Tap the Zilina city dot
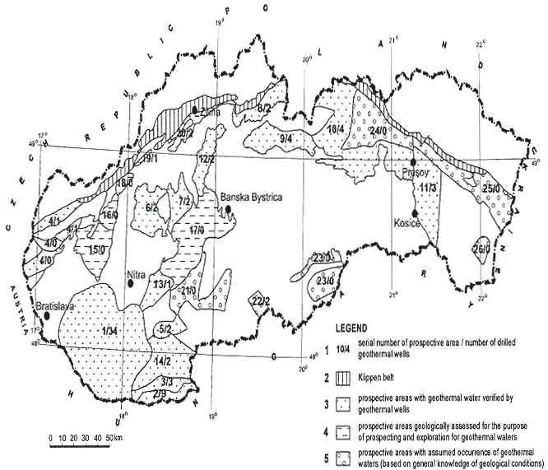(x=193, y=109)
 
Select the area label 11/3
(x=427, y=189)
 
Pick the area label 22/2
(x=262, y=300)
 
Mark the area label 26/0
(x=481, y=249)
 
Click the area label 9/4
(x=286, y=137)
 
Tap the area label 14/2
(x=161, y=361)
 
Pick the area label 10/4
(x=334, y=128)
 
